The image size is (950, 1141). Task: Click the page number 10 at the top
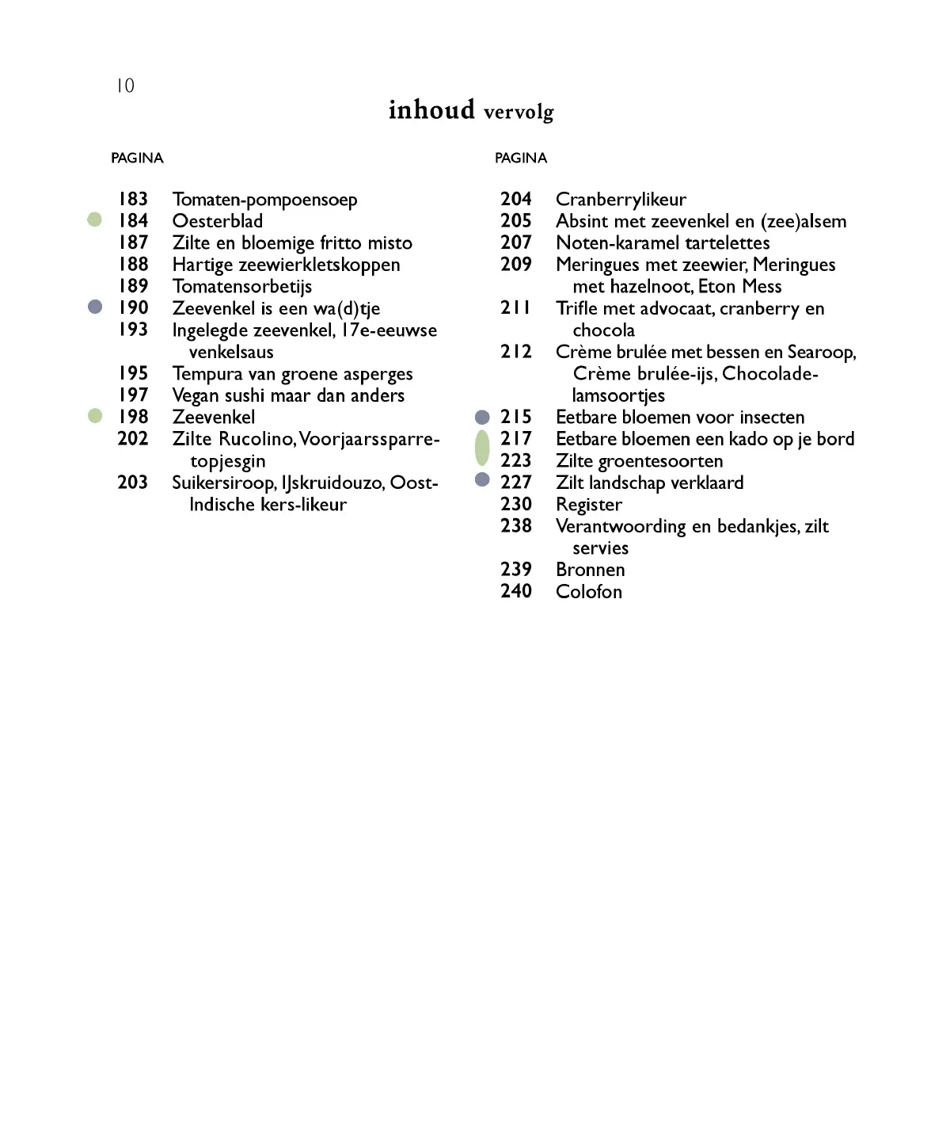125,86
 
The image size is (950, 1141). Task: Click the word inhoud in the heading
431,110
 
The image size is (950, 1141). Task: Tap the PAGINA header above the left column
137,158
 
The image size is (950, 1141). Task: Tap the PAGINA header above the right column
521,158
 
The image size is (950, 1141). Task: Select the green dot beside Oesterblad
95,220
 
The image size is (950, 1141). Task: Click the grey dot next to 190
95,307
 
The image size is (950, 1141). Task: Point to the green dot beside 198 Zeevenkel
95,416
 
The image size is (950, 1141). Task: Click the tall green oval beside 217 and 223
482,448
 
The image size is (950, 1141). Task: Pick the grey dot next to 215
482,417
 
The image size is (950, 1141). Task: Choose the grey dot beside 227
482,479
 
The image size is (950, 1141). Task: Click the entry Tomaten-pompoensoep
264,200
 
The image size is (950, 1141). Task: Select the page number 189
133,286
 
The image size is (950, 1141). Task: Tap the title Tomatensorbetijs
242,287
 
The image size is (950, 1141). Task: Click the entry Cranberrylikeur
621,200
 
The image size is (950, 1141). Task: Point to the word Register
589,505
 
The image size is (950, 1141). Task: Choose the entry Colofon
589,592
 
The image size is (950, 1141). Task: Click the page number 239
516,570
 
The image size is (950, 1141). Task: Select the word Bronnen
591,570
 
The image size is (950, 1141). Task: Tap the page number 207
516,242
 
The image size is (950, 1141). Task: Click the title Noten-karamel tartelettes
663,243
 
